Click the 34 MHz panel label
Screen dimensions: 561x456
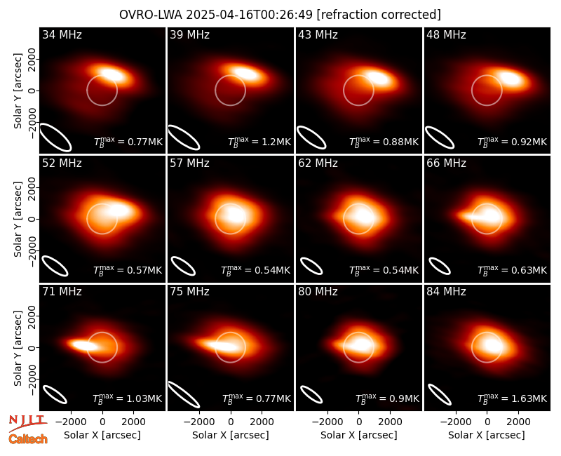(x=62, y=34)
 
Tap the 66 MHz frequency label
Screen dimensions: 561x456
(x=446, y=163)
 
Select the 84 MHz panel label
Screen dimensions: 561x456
(x=446, y=292)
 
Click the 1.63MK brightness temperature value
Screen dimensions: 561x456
(x=529, y=398)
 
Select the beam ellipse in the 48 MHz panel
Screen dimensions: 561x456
(x=440, y=138)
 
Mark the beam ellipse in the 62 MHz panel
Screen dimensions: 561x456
(x=311, y=266)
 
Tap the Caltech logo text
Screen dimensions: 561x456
(x=28, y=439)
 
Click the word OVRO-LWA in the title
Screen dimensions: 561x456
(x=150, y=15)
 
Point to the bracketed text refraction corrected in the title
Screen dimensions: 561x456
(x=379, y=15)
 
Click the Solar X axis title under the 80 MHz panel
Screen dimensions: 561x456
(x=359, y=435)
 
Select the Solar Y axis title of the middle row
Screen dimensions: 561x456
(x=18, y=219)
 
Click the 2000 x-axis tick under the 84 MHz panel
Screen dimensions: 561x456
(x=518, y=422)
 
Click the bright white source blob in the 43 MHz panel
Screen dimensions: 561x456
(x=379, y=78)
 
